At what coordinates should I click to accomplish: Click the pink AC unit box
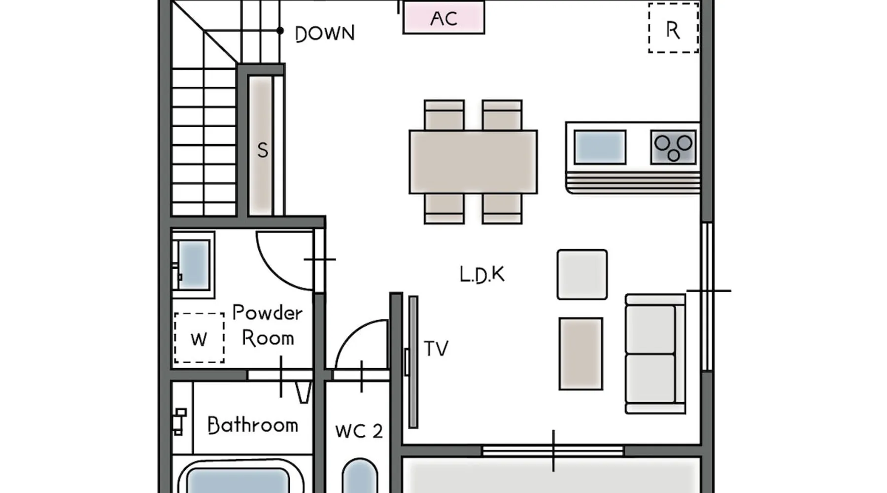pos(443,18)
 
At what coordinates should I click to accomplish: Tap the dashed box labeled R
pos(673,29)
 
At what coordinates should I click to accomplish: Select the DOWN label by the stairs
pos(325,34)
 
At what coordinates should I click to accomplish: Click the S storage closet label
pos(263,150)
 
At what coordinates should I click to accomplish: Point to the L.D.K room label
pos(482,275)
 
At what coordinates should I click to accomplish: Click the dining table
pos(473,162)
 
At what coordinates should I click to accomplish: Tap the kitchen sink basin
pos(600,147)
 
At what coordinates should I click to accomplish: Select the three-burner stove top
pos(673,147)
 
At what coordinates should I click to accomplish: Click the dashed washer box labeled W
pos(199,338)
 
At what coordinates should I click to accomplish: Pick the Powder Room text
pos(268,325)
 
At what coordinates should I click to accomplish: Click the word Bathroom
pos(253,425)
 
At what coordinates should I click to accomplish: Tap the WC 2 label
pos(359,431)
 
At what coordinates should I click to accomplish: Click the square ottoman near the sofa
pos(582,275)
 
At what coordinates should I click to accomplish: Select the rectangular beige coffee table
pos(581,353)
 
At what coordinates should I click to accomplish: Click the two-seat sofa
pos(654,353)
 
